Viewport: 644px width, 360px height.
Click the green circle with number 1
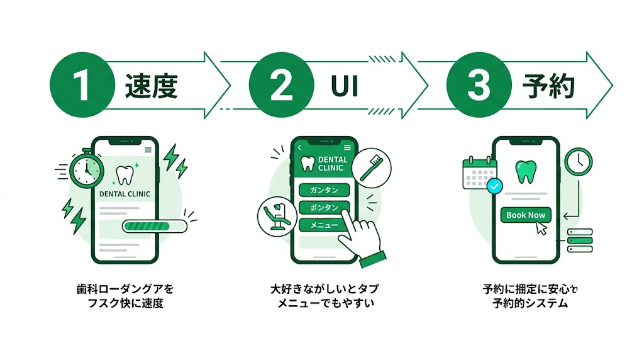tap(81, 86)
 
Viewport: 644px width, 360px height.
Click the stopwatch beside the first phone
tap(86, 169)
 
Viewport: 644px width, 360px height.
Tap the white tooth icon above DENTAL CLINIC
tap(126, 175)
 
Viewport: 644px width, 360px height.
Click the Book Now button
tap(526, 215)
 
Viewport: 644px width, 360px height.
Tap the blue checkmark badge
tap(495, 186)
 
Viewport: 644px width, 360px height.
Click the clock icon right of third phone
tap(578, 162)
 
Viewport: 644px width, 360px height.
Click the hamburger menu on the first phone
tap(148, 150)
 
